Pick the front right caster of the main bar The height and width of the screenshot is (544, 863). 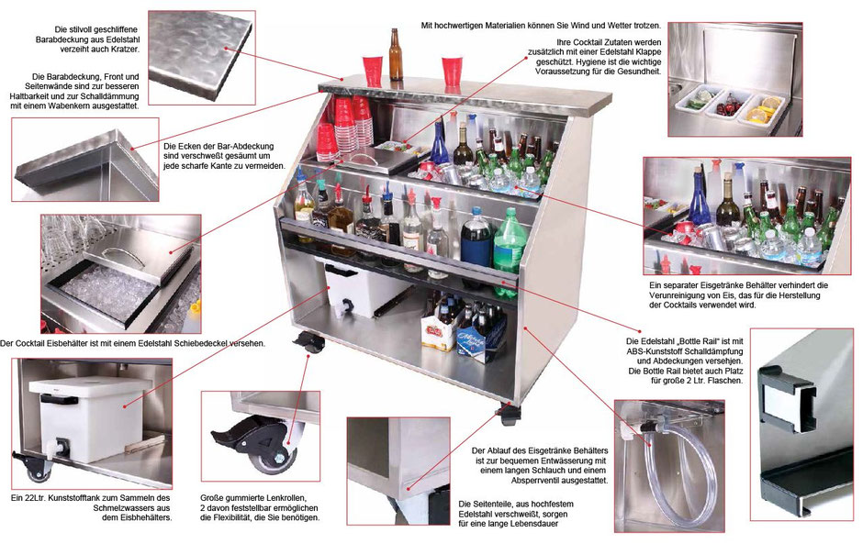pos(508,413)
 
